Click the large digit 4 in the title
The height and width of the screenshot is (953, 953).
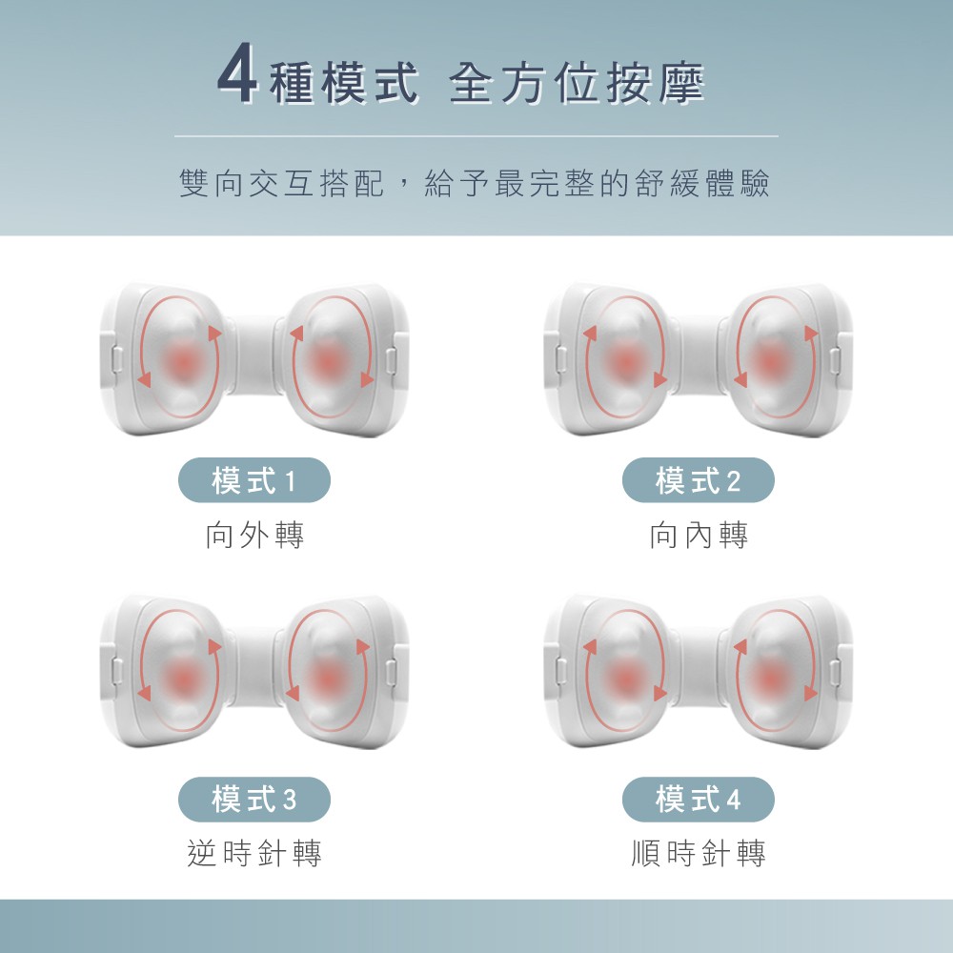pos(238,73)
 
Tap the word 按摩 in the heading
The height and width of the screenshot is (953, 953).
pos(656,83)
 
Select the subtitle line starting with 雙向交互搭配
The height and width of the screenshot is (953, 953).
pos(475,184)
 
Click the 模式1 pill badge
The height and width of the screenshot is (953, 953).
pos(254,480)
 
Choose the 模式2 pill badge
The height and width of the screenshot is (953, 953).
pos(699,480)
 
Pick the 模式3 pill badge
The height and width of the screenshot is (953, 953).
pos(254,800)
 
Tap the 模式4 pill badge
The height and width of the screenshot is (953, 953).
pos(699,800)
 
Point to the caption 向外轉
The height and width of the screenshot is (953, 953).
pos(254,536)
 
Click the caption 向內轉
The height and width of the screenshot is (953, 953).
pos(699,536)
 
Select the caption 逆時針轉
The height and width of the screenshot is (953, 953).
pos(254,853)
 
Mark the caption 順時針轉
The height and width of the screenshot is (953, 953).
pos(699,853)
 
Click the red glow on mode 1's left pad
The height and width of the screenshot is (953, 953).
pos(181,361)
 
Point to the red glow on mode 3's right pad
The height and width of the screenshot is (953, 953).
pos(328,677)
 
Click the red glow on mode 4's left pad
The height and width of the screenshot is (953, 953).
pos(625,677)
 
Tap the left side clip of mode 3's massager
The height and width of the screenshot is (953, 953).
pos(116,671)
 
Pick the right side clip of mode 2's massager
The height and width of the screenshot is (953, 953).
pos(837,358)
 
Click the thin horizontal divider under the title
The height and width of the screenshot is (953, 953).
pos(476,136)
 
